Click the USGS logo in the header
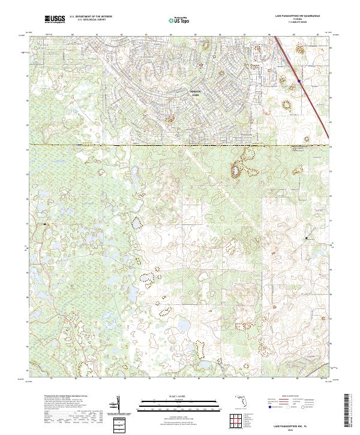(55, 19)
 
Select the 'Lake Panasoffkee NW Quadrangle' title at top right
(297, 16)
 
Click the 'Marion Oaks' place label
(194, 92)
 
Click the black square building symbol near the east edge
(307, 238)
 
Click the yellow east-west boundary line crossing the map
(180, 145)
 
